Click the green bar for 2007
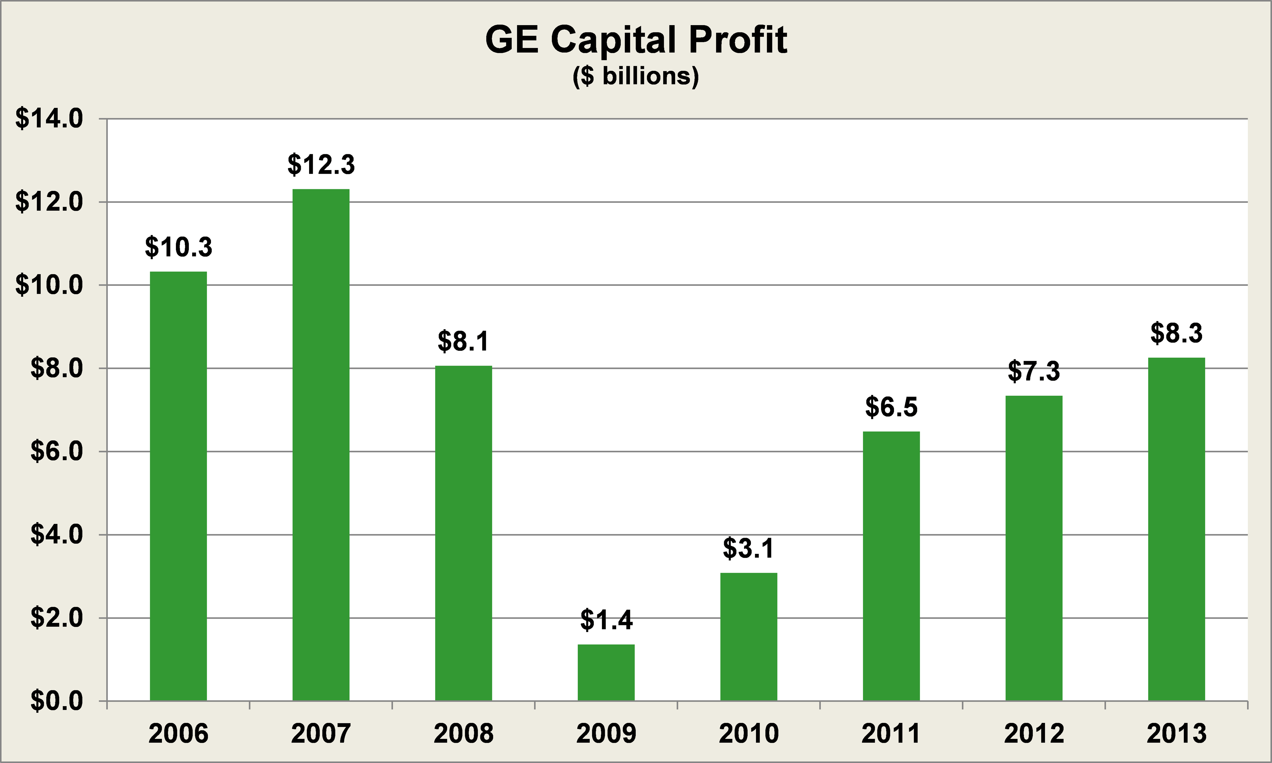[x=321, y=445]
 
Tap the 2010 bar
[x=748, y=637]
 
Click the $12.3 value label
[x=321, y=164]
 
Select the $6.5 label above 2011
[x=891, y=407]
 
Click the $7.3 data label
[x=1034, y=371]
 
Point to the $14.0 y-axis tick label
[x=49, y=119]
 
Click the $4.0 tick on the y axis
[x=57, y=535]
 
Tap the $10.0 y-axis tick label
[x=49, y=285]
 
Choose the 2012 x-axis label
[x=1034, y=733]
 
